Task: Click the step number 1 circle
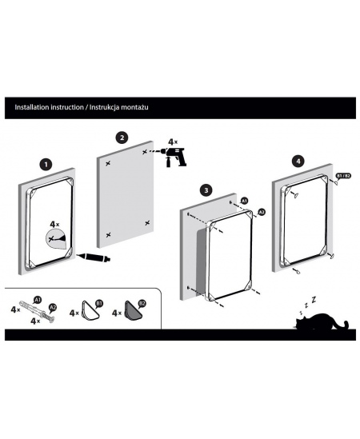click(x=46, y=165)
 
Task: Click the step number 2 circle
click(x=122, y=138)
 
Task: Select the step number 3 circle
click(x=206, y=190)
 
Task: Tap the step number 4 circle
click(x=298, y=162)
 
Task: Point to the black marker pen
click(x=94, y=257)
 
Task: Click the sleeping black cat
click(x=321, y=321)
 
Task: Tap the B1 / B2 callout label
click(x=343, y=176)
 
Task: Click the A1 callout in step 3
click(x=244, y=201)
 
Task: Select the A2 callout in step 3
click(x=262, y=212)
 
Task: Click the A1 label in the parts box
click(x=38, y=300)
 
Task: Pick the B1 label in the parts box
click(x=99, y=304)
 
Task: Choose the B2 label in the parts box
click(x=142, y=304)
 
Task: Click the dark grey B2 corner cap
click(x=133, y=310)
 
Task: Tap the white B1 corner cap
click(x=90, y=310)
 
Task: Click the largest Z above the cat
click(x=314, y=300)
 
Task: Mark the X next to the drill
click(x=145, y=152)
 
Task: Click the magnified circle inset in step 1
click(x=55, y=239)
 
